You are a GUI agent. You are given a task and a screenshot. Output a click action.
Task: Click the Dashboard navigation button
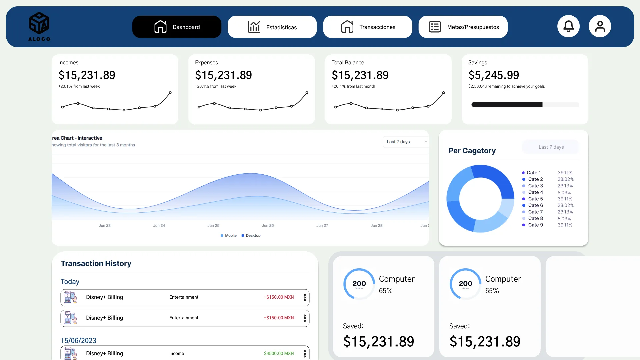(x=177, y=27)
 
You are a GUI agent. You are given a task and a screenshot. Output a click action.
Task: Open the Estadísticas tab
(x=272, y=27)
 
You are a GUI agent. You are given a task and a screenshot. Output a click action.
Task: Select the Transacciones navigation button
(x=367, y=27)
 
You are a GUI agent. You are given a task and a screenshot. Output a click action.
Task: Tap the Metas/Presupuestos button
(x=463, y=27)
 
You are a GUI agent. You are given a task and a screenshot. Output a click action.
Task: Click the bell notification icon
(x=568, y=26)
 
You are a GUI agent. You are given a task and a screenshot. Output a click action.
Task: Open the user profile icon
(x=600, y=26)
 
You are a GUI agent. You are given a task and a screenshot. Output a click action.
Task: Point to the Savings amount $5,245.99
(x=493, y=75)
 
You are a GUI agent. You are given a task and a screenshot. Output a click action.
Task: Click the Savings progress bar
(x=525, y=105)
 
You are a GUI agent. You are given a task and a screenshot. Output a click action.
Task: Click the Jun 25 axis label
(x=213, y=226)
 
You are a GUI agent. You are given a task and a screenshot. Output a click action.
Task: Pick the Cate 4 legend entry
(x=535, y=192)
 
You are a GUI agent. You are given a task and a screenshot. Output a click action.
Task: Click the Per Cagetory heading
(x=472, y=151)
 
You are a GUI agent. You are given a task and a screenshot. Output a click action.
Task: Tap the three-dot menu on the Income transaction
(x=305, y=354)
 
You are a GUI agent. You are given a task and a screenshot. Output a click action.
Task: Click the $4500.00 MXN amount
(x=279, y=354)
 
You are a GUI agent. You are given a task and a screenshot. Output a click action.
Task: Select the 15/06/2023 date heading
(x=78, y=341)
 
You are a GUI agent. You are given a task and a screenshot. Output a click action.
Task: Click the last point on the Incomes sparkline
(x=170, y=93)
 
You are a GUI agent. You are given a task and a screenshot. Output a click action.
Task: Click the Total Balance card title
(x=348, y=63)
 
